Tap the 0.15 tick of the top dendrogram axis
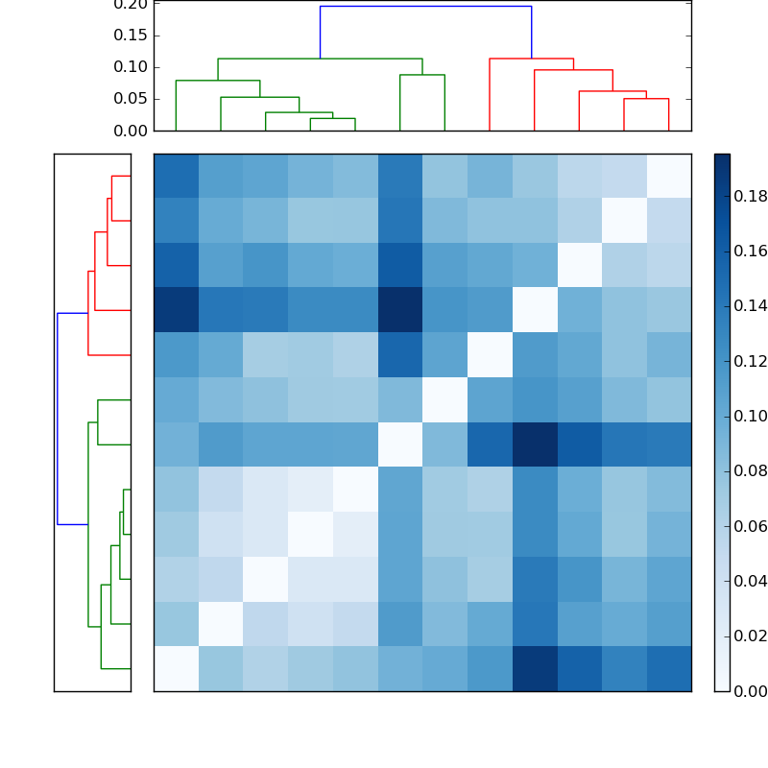click(x=132, y=36)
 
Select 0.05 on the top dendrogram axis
click(x=132, y=99)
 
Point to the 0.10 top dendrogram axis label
click(x=132, y=67)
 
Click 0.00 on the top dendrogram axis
click(x=132, y=131)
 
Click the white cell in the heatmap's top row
click(x=668, y=176)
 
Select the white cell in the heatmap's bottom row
click(x=176, y=668)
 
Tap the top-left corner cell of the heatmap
click(x=176, y=176)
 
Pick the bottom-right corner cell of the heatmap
click(x=668, y=668)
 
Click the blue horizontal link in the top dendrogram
click(x=425, y=7)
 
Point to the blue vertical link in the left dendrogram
click(x=58, y=419)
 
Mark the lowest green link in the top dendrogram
click(x=332, y=118)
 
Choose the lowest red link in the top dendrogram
click(x=646, y=99)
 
